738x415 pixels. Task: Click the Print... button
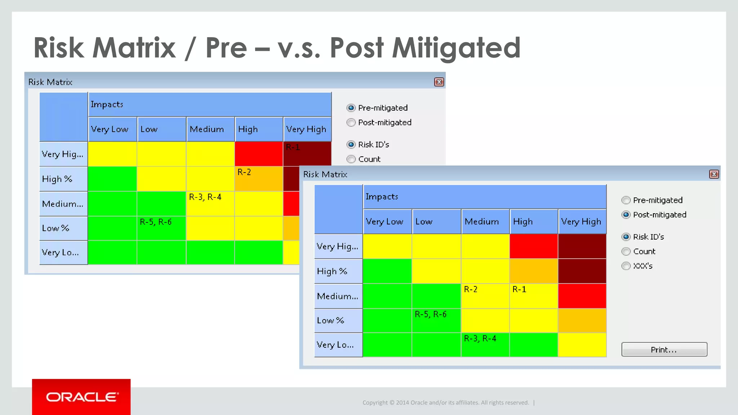[x=664, y=349]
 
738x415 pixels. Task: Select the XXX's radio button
[x=626, y=266]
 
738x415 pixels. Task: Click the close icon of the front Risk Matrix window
[x=714, y=174]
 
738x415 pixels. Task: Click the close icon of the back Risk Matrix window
[x=439, y=82]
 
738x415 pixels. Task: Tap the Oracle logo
[x=81, y=397]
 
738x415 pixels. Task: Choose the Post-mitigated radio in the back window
[x=351, y=122]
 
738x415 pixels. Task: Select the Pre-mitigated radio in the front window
[x=626, y=200]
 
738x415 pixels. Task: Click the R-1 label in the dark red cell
[x=293, y=147]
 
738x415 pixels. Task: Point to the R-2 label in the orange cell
[x=244, y=172]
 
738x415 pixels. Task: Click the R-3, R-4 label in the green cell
[x=480, y=339]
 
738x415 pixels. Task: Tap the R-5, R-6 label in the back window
[x=156, y=222]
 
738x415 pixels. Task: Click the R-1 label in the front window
[x=519, y=289]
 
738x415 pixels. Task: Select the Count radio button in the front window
[x=626, y=251]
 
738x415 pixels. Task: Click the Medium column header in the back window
[x=207, y=129]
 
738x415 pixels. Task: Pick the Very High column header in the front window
[x=581, y=222]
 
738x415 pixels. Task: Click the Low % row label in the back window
[x=55, y=228]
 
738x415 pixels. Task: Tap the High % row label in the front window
[x=332, y=271]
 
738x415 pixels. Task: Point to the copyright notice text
[x=445, y=403]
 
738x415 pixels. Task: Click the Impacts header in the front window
[x=382, y=197]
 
